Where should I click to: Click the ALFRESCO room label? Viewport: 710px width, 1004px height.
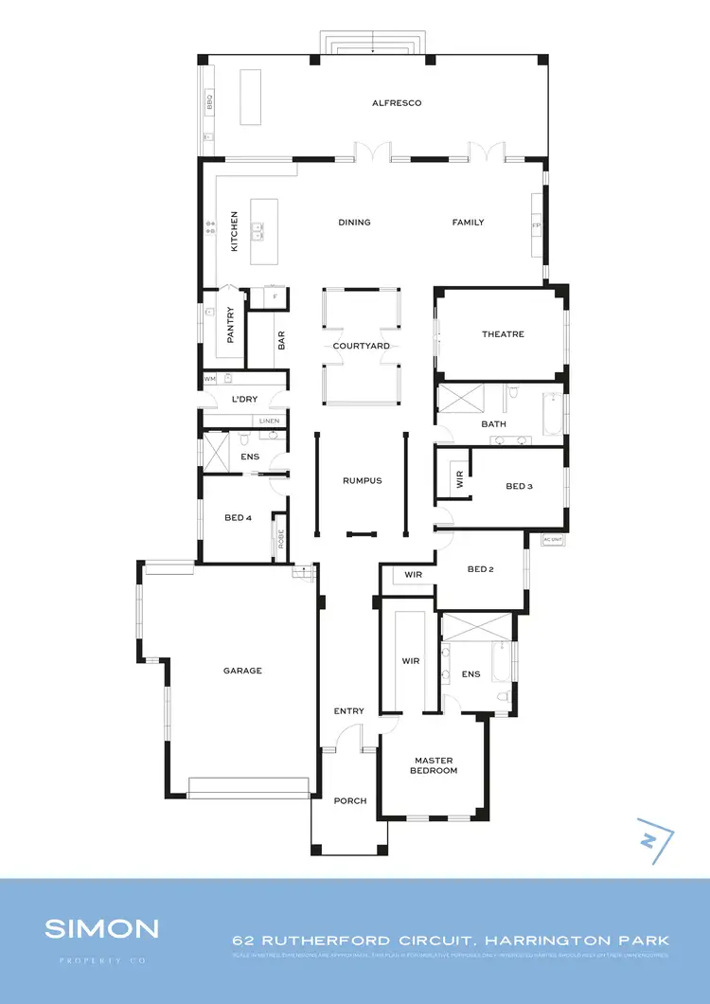click(397, 103)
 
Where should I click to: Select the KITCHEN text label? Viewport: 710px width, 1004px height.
click(235, 231)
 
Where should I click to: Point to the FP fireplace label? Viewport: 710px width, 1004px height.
click(536, 226)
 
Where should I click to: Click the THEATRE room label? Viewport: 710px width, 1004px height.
click(503, 334)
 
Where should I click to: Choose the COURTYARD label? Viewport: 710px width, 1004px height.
click(361, 347)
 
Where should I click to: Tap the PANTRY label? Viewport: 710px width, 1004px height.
click(230, 323)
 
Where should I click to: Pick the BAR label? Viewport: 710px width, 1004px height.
click(281, 340)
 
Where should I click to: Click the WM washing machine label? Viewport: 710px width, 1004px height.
click(210, 379)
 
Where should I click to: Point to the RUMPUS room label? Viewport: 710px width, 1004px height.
click(362, 481)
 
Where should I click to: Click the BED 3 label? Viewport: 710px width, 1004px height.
click(520, 487)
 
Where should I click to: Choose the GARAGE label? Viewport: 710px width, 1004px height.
click(242, 671)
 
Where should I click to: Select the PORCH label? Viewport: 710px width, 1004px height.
click(350, 801)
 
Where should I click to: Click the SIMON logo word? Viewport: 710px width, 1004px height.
click(101, 928)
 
